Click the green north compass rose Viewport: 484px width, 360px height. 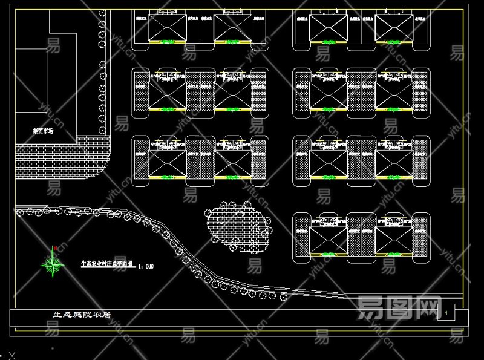(54, 263)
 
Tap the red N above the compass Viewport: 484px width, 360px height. (55, 248)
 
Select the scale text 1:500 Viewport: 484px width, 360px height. (146, 266)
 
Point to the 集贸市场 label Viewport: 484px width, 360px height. (43, 130)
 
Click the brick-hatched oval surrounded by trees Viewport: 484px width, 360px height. (237, 225)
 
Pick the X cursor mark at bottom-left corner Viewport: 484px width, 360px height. (11, 355)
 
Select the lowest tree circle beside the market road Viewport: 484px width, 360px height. (102, 129)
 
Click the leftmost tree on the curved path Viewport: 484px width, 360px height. (19, 212)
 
